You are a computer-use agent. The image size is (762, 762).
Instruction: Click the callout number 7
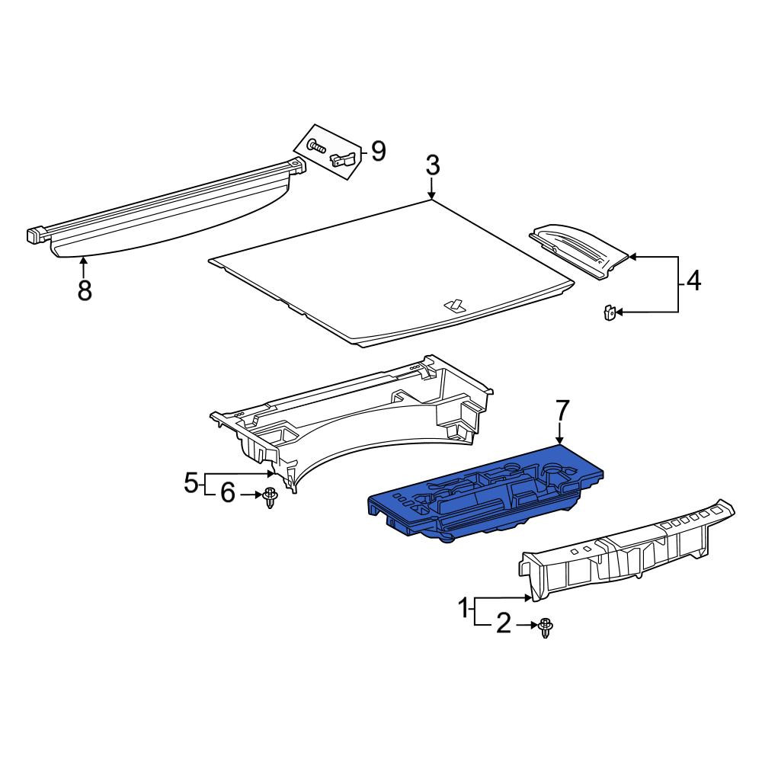[561, 411]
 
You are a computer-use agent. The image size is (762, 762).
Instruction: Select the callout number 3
[433, 165]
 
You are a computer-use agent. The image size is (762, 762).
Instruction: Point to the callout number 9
[378, 151]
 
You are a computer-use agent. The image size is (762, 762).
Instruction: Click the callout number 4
[694, 281]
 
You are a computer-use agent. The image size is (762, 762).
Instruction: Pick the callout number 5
[191, 484]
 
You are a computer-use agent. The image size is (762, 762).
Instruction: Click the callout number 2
[504, 623]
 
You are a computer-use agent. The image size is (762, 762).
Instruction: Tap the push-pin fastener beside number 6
[270, 498]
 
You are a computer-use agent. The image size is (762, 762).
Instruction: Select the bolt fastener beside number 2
[546, 628]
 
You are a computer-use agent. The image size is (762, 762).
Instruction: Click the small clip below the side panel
[609, 312]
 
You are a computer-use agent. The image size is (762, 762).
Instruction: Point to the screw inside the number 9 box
[316, 146]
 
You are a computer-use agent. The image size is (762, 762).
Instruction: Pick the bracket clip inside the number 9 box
[344, 159]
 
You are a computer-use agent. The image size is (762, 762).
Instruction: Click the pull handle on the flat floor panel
[455, 305]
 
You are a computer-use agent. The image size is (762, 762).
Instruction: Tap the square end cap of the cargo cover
[34, 235]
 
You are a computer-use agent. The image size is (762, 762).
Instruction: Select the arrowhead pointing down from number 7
[561, 440]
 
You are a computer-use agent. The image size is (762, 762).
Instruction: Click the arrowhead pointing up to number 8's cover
[84, 261]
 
